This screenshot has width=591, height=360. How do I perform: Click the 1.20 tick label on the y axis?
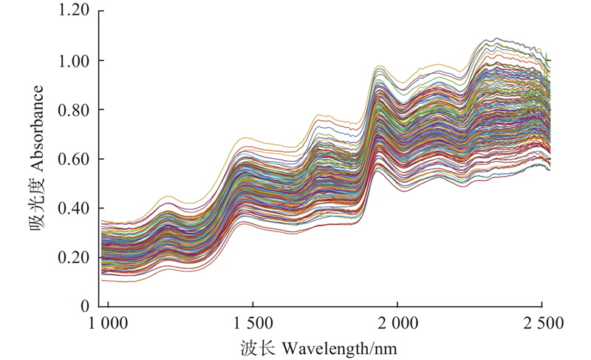(73, 11)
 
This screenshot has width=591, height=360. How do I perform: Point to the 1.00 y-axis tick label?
(73, 61)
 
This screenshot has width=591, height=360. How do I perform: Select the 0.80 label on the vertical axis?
(73, 109)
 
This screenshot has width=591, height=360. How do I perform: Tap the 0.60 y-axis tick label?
(73, 159)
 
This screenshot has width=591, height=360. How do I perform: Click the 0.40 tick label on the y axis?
(73, 208)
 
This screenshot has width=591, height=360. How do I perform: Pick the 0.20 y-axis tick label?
(73, 257)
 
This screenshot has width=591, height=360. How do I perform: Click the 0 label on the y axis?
(85, 306)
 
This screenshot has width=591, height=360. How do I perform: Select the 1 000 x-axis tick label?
(109, 325)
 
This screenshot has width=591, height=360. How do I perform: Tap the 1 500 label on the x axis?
(253, 325)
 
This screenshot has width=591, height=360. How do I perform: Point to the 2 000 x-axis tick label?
(397, 325)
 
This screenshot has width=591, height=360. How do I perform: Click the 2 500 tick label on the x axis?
(542, 325)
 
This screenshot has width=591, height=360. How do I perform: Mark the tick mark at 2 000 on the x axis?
(397, 303)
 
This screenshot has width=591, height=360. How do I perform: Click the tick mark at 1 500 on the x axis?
(253, 303)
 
